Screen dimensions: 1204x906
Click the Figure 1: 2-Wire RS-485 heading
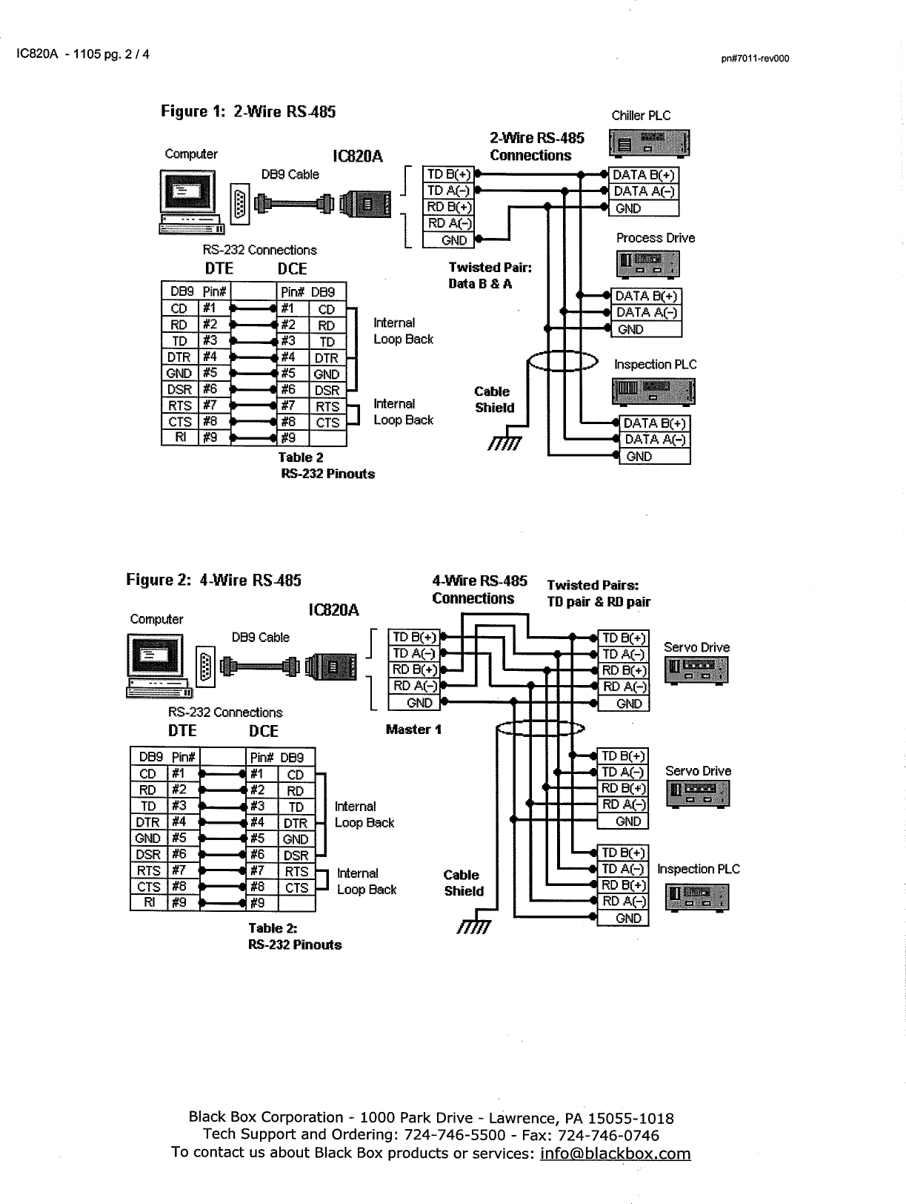click(248, 112)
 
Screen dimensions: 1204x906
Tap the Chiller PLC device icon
click(649, 144)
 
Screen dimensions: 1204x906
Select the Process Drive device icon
click(648, 264)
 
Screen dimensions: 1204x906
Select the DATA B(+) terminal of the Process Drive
click(645, 296)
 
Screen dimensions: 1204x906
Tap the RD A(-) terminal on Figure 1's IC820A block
click(447, 223)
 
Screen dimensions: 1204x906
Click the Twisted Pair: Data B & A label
click(490, 275)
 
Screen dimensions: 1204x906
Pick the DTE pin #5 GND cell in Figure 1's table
click(179, 373)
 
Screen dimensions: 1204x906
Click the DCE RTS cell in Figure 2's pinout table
click(296, 872)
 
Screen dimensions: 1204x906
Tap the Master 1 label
click(413, 730)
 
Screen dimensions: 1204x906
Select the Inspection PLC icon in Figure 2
click(697, 897)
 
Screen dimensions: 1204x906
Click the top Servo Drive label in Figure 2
click(696, 647)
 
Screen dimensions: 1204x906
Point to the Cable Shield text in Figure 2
click(464, 883)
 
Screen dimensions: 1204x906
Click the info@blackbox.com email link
click(615, 1154)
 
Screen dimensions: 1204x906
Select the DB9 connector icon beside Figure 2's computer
click(206, 665)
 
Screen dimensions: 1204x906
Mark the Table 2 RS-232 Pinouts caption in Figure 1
click(326, 466)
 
